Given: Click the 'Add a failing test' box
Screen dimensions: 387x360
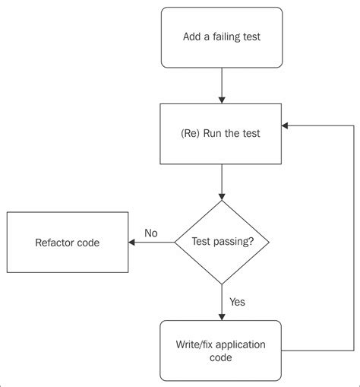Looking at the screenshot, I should pos(221,36).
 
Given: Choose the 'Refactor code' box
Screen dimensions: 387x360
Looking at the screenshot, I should pos(67,243).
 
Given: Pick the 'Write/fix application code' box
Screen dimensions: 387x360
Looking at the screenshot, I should pos(221,351).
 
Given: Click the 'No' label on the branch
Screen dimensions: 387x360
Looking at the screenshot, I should pos(150,233).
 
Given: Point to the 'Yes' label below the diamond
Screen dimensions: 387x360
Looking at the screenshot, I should pos(237,302).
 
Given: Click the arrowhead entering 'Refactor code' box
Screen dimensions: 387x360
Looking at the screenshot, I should pos(133,243).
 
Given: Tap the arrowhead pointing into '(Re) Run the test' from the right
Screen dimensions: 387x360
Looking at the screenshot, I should pos(286,125).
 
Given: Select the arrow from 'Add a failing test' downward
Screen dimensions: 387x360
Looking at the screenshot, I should pos(221,84).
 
